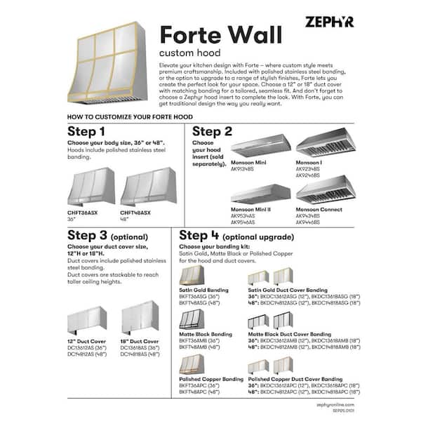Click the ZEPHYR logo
tap(329, 22)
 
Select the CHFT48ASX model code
tap(135, 213)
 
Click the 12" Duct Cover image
tap(88, 321)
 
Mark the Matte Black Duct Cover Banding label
tap(289, 335)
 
